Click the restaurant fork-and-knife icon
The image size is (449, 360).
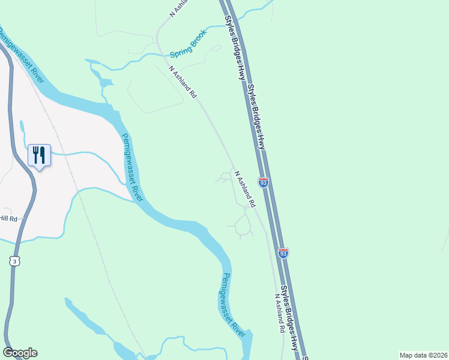pos(39,155)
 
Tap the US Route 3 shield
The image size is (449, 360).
pos(14,261)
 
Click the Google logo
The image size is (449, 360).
pos(20,353)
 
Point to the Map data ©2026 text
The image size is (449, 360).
pos(423,355)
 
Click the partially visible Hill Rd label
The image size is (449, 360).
pos(8,218)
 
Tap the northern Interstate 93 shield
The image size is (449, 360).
pos(263,181)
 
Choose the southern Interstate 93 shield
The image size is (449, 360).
pos(283,253)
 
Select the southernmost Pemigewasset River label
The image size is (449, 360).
pos(231,304)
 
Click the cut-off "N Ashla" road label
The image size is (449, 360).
pos(178,9)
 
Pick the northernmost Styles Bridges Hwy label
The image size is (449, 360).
pos(236,47)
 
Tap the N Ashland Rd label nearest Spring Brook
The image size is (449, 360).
pos(182,82)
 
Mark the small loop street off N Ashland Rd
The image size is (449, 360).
pos(243,226)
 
